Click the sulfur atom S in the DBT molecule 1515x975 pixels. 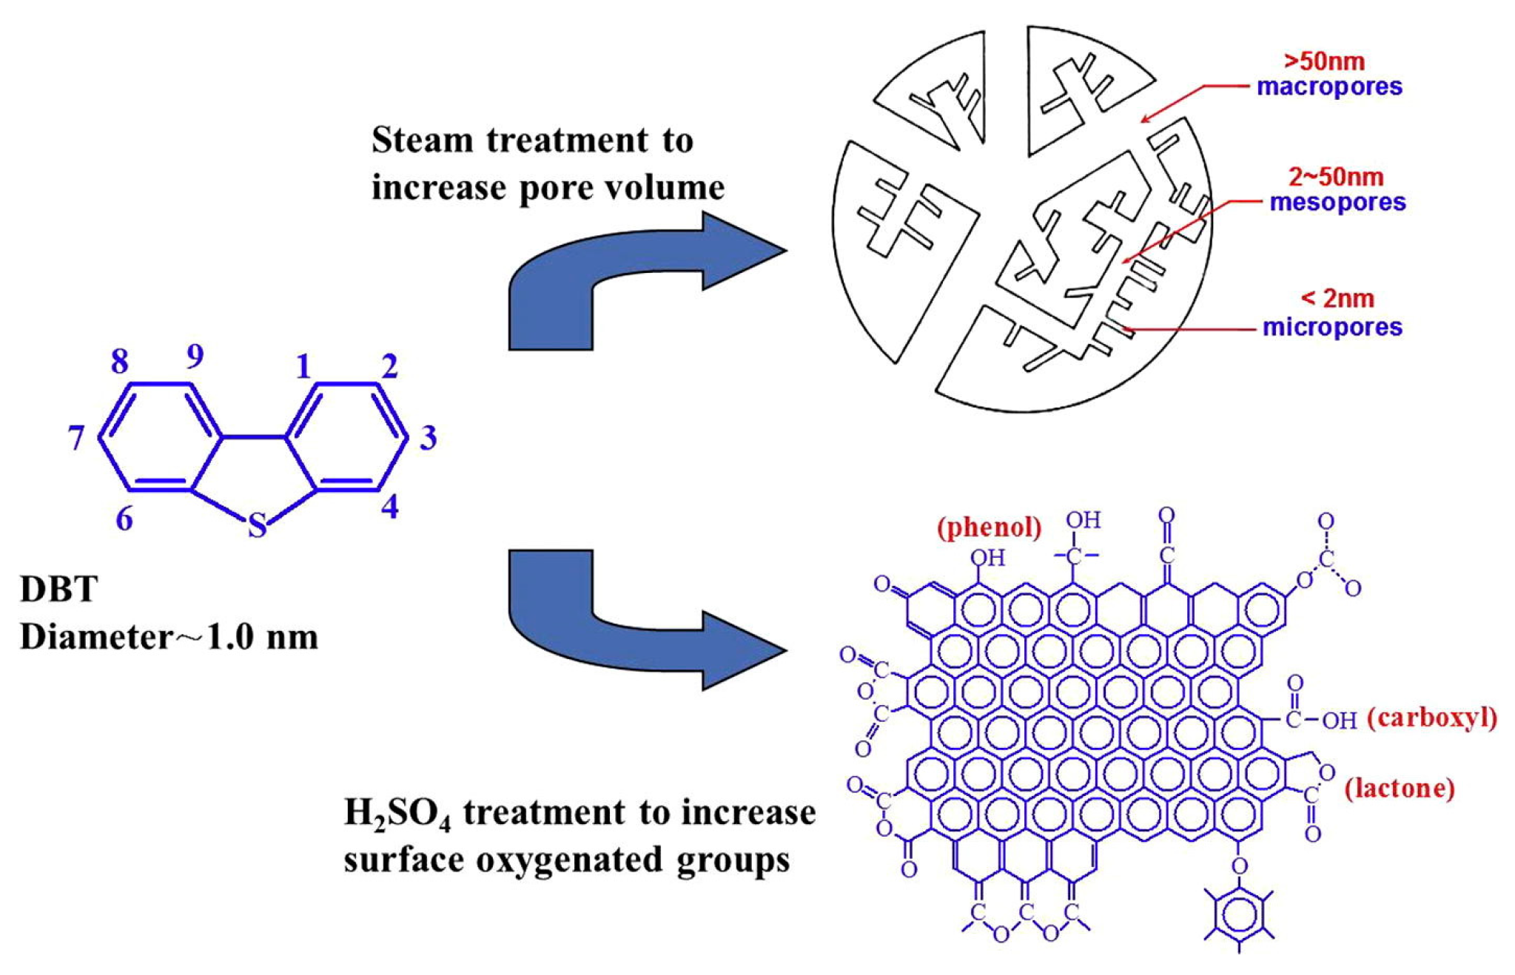point(257,525)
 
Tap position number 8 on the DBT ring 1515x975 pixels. point(119,362)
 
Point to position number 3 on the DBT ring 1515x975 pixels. point(428,438)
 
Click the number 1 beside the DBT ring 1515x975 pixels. point(303,366)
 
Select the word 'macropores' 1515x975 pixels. point(1329,87)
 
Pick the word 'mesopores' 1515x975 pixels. point(1337,202)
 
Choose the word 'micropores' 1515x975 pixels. point(1332,326)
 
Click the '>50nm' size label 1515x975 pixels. point(1324,61)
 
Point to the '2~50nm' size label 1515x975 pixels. point(1336,177)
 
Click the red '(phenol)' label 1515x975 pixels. point(989,527)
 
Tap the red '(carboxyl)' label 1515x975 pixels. point(1431,718)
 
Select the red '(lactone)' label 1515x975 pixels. point(1399,788)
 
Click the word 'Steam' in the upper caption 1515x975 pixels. point(421,140)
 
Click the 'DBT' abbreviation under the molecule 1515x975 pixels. point(59,590)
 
